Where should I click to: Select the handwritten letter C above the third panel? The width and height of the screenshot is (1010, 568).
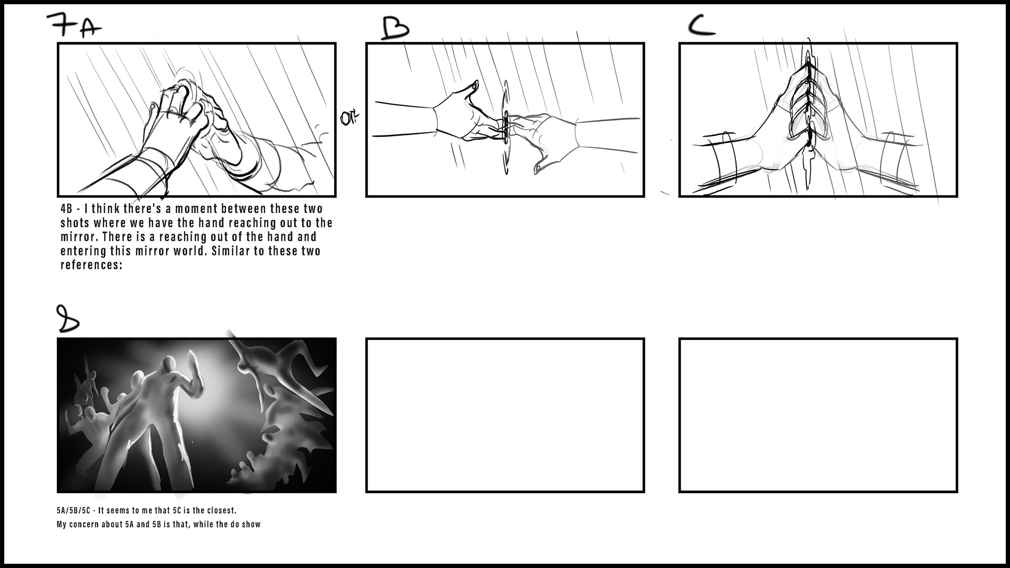702,25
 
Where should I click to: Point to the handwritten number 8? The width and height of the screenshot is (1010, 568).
67,319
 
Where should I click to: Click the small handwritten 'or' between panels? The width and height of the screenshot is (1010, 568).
348,118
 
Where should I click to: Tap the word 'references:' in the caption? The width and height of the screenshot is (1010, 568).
91,265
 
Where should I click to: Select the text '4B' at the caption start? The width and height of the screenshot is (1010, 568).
66,209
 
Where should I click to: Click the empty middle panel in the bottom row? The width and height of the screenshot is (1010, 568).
505,415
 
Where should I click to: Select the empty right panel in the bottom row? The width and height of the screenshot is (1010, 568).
818,415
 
